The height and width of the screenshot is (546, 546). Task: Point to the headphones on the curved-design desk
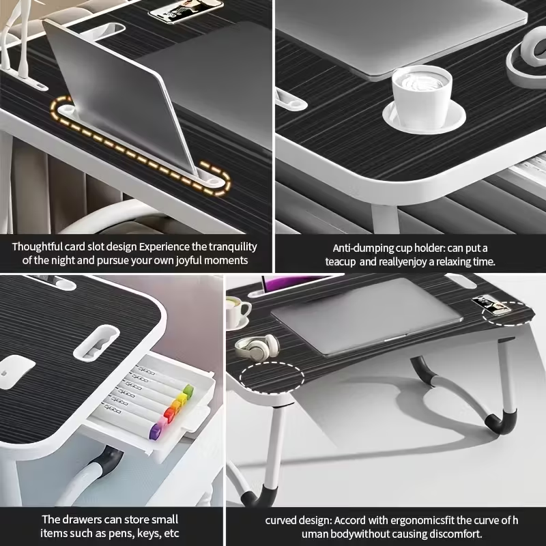click(x=257, y=346)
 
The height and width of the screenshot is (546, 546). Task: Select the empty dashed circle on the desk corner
click(x=272, y=377)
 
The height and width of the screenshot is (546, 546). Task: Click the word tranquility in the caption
click(x=233, y=247)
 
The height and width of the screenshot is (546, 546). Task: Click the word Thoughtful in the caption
click(x=37, y=247)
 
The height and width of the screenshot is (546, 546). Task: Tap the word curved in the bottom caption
click(x=280, y=521)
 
